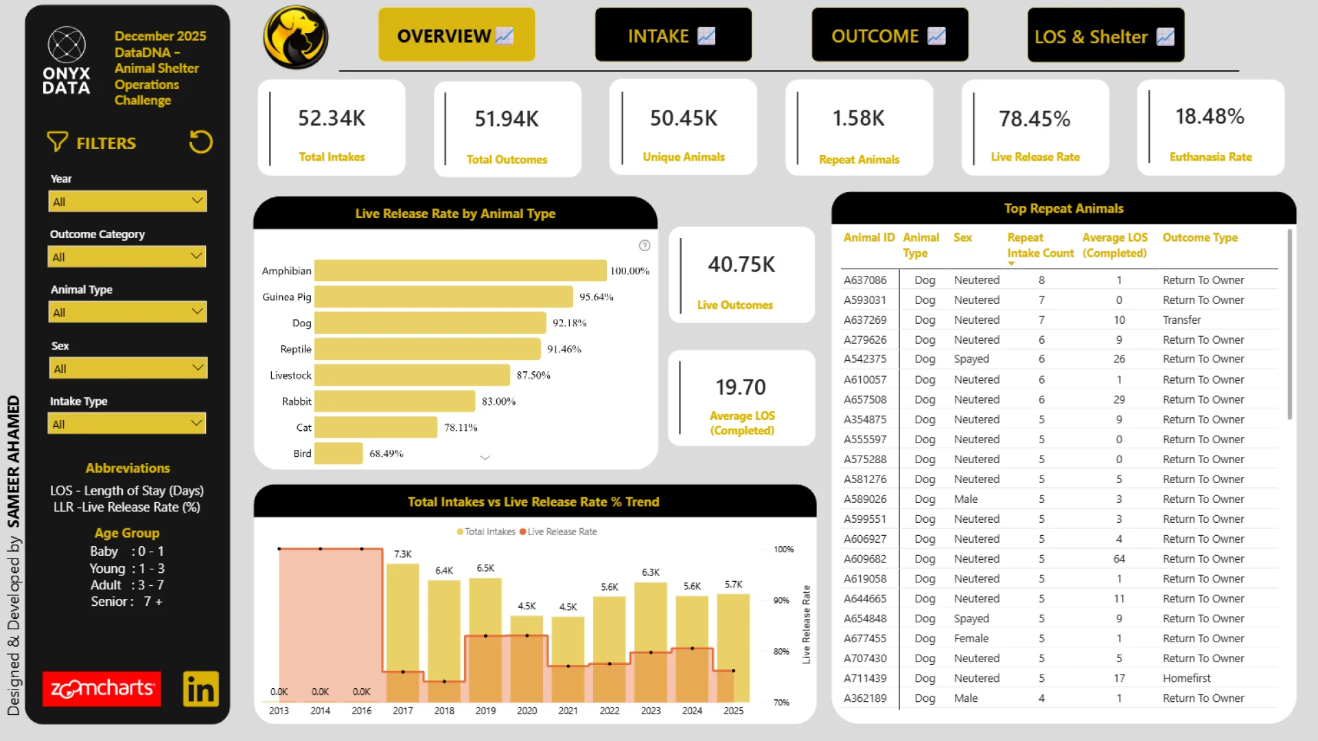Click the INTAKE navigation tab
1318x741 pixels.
673,36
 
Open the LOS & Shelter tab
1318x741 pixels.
1105,36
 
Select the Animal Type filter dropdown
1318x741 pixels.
128,313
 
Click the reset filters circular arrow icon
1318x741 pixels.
200,142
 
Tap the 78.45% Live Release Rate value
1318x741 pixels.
1034,119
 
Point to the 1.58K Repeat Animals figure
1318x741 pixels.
858,119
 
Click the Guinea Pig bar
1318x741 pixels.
443,297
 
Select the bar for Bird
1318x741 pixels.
338,454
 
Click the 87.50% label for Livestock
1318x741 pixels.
533,375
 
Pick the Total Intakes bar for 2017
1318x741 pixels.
403,617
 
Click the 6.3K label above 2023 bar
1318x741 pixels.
651,572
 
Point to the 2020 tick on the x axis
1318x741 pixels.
527,711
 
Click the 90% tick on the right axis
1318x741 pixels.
781,600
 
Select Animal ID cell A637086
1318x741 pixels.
865,280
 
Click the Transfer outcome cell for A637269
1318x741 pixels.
1181,320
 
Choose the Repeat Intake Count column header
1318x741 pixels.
1040,245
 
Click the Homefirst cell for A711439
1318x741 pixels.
1186,678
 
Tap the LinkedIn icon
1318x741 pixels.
200,689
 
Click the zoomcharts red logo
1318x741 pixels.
102,689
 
